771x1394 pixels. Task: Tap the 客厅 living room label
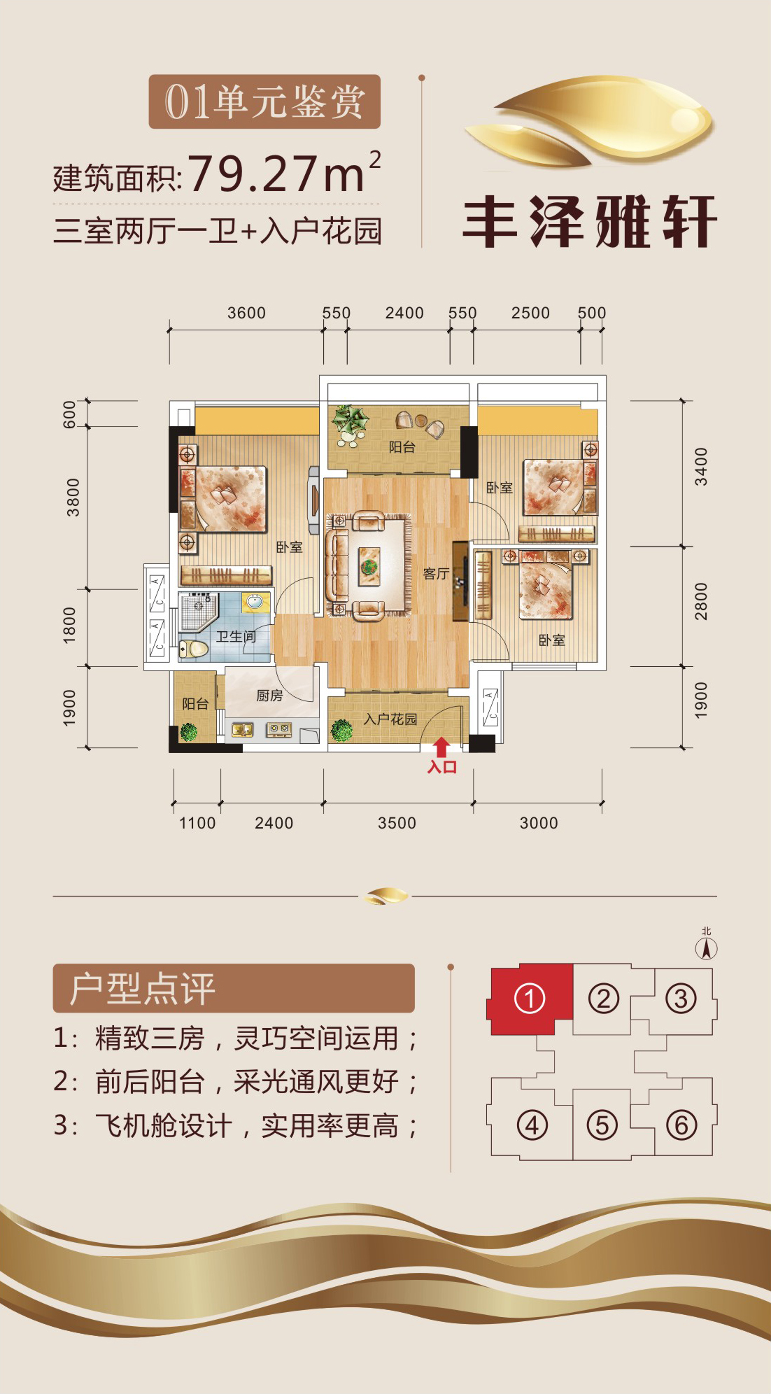pyautogui.click(x=436, y=574)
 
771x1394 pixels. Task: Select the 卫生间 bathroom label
pyautogui.click(x=236, y=636)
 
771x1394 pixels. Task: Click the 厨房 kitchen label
pyautogui.click(x=269, y=695)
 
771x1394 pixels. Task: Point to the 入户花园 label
pyautogui.click(x=390, y=719)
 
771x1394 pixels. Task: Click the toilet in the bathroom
pyautogui.click(x=194, y=648)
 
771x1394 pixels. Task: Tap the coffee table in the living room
pyautogui.click(x=369, y=565)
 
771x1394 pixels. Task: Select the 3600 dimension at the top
pyautogui.click(x=246, y=313)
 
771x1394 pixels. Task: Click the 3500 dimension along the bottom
pyautogui.click(x=397, y=823)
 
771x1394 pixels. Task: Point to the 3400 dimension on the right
pyautogui.click(x=701, y=467)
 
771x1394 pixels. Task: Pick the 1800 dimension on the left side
pyautogui.click(x=69, y=625)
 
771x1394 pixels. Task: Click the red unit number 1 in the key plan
pyautogui.click(x=530, y=999)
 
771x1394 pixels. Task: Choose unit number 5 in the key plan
pyautogui.click(x=602, y=1125)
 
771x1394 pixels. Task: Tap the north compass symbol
pyautogui.click(x=707, y=945)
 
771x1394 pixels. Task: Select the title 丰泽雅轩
pyautogui.click(x=590, y=221)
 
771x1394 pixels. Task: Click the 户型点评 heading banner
pyautogui.click(x=234, y=988)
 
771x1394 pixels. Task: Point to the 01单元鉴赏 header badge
pyautogui.click(x=264, y=101)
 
